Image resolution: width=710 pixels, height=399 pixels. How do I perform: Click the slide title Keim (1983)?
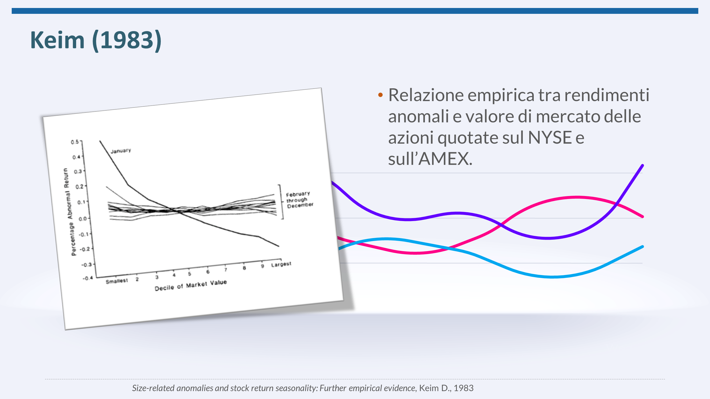point(96,40)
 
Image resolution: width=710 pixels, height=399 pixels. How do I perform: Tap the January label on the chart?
point(121,151)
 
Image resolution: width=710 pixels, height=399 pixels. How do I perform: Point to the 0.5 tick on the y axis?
point(75,142)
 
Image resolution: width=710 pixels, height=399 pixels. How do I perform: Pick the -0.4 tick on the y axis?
point(88,278)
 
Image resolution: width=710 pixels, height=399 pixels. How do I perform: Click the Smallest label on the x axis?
point(117,281)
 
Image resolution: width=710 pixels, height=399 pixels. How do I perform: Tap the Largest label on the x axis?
point(281,264)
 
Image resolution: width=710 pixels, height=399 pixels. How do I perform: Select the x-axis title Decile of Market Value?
point(191,285)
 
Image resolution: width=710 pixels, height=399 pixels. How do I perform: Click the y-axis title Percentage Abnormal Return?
point(69,212)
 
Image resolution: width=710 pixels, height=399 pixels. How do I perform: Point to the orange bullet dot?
point(380,95)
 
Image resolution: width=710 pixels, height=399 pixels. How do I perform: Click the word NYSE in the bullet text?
point(549,138)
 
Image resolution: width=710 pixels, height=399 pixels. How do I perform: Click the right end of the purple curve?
point(643,165)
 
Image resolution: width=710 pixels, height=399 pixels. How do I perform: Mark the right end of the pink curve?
point(643,217)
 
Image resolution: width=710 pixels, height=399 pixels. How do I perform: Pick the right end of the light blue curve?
point(643,247)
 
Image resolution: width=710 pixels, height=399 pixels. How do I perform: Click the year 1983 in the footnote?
point(463,388)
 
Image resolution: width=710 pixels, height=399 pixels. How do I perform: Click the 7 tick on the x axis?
point(226,270)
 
